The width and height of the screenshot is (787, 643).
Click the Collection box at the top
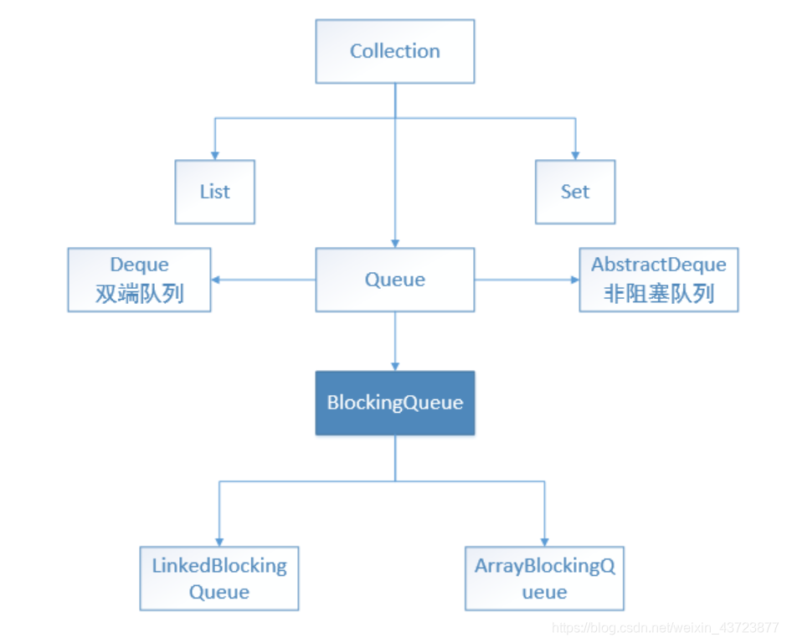394,51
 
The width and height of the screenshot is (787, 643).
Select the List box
214,192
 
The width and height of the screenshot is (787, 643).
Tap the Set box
575,192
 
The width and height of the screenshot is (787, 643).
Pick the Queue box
394,280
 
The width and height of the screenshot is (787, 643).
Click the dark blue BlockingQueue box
394,403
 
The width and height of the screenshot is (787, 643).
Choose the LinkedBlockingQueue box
219,579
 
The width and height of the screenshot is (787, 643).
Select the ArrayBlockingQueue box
544,579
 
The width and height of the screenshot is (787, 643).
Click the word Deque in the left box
139,265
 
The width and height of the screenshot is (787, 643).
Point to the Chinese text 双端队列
139,294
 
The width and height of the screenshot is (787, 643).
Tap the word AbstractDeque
659,265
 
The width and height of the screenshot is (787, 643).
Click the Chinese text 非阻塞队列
659,294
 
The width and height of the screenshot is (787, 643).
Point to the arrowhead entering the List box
215,155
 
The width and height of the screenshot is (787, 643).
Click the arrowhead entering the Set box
575,155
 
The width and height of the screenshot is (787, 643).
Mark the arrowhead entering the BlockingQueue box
395,366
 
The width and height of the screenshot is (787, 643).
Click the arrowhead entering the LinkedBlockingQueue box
219,542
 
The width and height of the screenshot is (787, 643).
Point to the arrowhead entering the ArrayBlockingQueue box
545,542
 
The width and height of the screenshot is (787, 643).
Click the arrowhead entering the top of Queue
395,243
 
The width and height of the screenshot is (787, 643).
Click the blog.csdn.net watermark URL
666,627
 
